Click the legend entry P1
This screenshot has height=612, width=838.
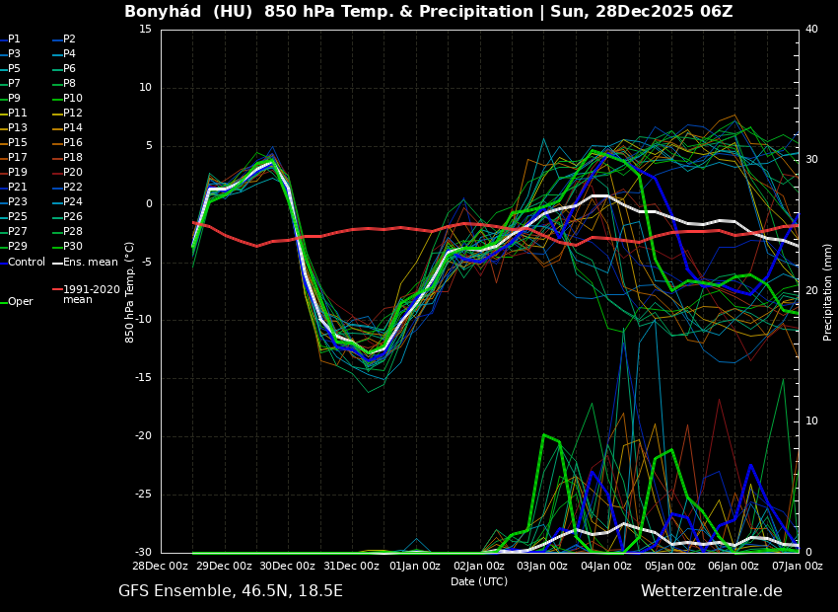[x=14, y=39]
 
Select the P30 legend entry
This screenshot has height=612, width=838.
[x=73, y=247]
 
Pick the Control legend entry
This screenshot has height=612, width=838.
[x=27, y=262]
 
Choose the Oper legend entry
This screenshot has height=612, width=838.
[x=21, y=302]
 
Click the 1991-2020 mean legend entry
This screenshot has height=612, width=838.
[x=91, y=294]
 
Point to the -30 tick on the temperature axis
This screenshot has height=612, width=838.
[x=143, y=553]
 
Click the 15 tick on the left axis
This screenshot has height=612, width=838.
[x=145, y=30]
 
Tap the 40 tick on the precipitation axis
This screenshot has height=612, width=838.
[x=811, y=30]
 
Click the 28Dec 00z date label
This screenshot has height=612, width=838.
[x=160, y=567]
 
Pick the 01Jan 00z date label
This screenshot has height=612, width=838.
[x=415, y=567]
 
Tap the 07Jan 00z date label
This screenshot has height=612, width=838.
[x=797, y=567]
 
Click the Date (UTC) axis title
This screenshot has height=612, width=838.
[x=479, y=582]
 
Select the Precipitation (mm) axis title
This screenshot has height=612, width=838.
[x=828, y=291]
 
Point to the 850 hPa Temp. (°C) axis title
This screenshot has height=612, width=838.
[x=130, y=291]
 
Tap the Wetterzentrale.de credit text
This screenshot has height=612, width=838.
[x=711, y=591]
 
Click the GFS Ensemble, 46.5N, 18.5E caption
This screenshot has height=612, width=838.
[x=231, y=591]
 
